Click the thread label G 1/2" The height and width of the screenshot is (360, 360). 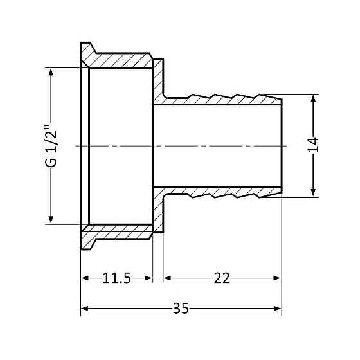52,146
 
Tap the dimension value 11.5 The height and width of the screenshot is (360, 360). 116,278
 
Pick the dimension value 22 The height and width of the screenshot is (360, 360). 221,278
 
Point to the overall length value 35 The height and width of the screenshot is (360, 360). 181,309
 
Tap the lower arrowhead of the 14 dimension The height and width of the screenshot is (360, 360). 313,192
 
